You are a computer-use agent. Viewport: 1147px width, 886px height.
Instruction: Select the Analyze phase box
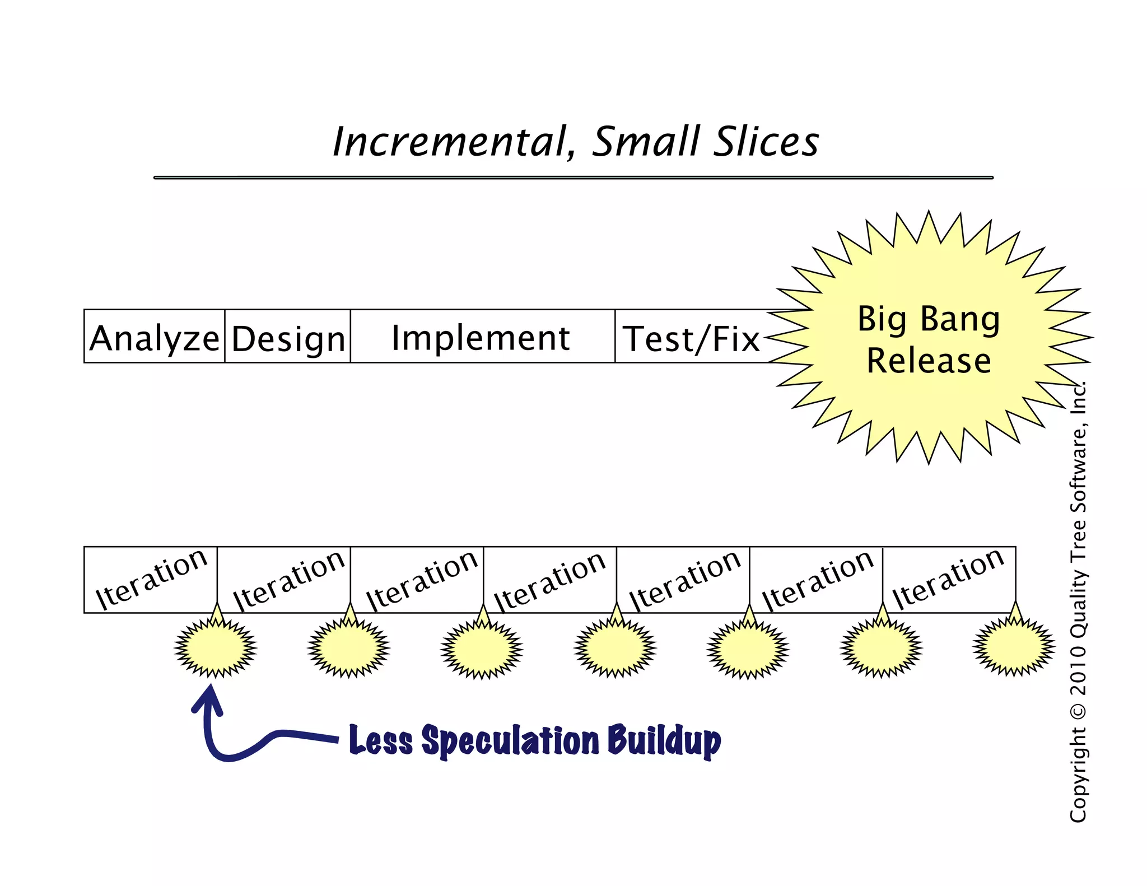[154, 337]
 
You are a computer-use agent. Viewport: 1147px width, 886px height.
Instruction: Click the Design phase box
[288, 337]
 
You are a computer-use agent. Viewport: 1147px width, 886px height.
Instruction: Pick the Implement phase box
[482, 337]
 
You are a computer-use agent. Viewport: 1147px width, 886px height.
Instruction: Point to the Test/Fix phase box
[691, 337]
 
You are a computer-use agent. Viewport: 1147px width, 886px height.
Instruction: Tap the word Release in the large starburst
[929, 360]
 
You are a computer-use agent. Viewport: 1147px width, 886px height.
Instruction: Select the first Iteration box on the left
[151, 579]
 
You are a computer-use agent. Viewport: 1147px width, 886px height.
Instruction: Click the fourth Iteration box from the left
[549, 579]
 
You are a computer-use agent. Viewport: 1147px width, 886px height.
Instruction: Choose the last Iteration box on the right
[949, 579]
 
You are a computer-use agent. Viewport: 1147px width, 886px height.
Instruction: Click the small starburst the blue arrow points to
[216, 648]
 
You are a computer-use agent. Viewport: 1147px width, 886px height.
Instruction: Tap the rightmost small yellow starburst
[1014, 648]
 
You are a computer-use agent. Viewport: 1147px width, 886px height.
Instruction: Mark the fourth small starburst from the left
[615, 648]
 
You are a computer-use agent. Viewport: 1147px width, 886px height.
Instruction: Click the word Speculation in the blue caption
[510, 740]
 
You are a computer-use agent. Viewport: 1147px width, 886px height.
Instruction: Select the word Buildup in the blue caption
[664, 740]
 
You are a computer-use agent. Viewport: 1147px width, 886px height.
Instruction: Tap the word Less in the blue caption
[381, 740]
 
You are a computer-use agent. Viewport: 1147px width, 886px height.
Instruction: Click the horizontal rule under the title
[573, 178]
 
